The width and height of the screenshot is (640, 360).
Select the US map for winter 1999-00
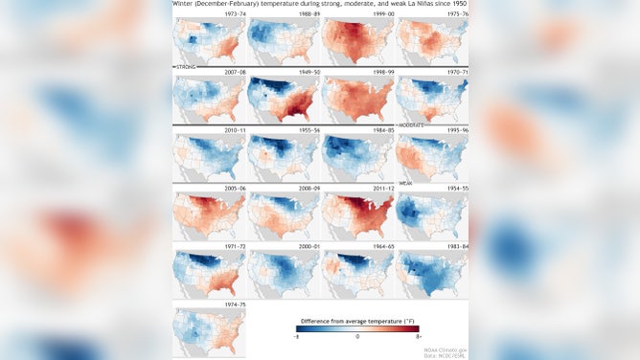click(356, 42)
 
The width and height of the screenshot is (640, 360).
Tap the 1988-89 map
click(282, 42)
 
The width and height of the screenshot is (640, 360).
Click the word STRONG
click(184, 69)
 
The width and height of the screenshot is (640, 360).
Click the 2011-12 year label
click(357, 189)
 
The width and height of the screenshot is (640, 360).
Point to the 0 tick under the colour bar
click(357, 337)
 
